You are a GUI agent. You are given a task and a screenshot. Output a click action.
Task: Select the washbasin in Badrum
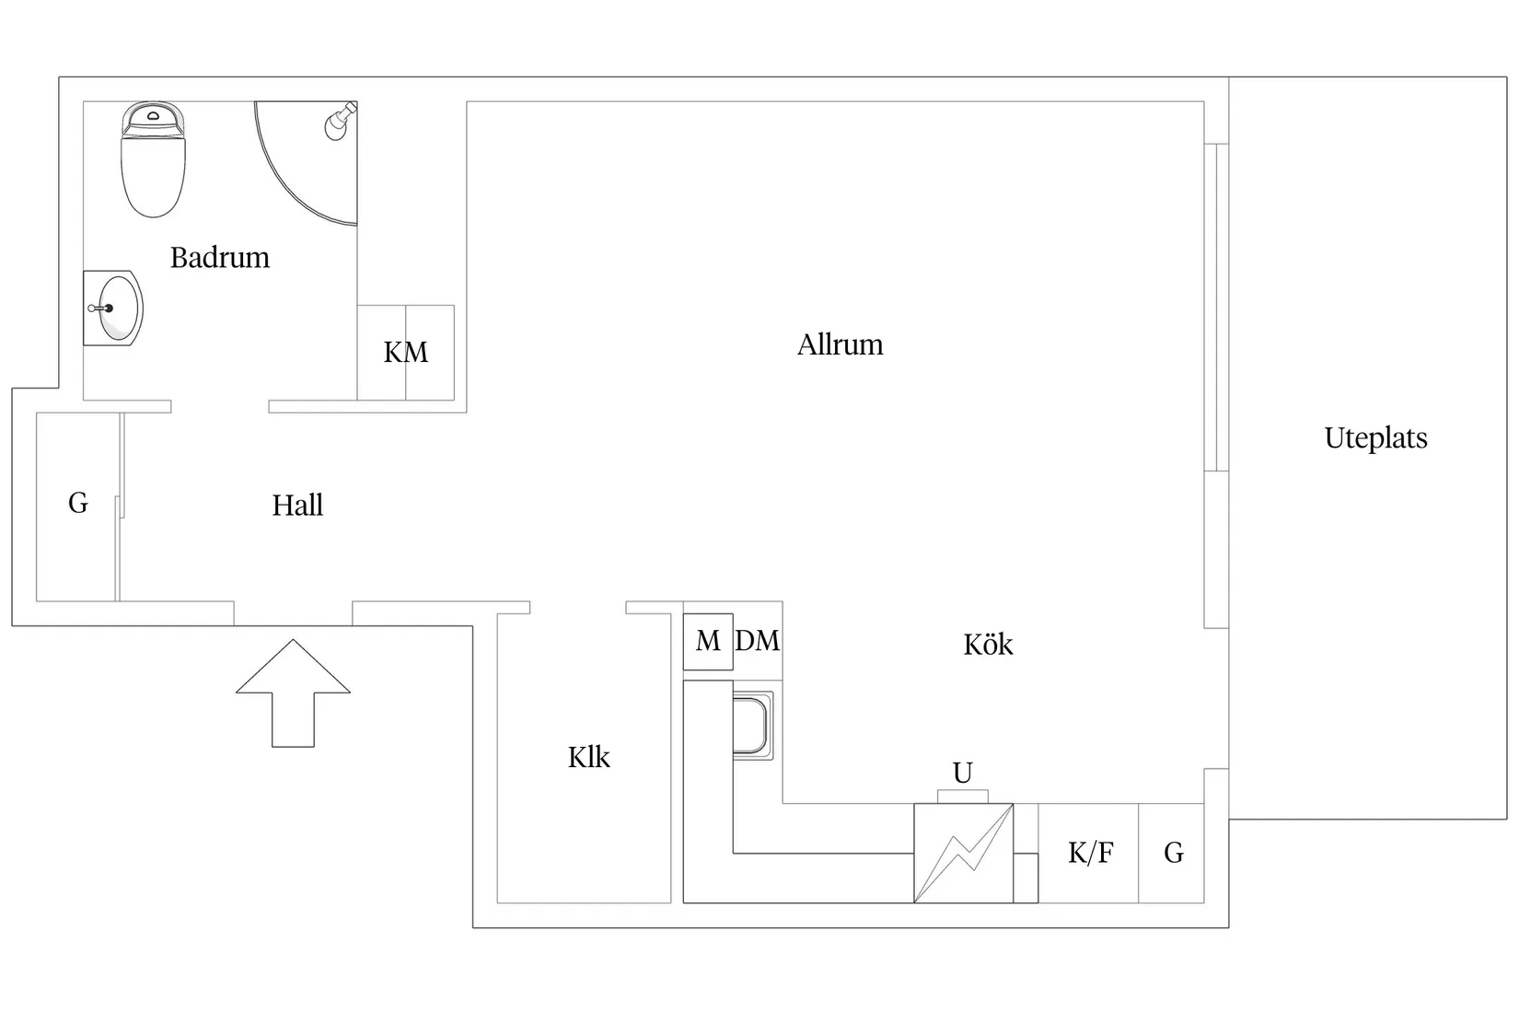coord(113,308)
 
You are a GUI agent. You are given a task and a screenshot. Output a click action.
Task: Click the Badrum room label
coord(220,258)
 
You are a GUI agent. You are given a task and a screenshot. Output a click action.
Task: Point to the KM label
coord(405,352)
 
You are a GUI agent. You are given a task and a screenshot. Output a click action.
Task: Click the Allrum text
coord(841,344)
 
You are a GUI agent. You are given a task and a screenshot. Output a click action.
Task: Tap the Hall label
coord(297,505)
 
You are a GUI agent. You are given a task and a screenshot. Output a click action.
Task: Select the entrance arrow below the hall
coord(293,693)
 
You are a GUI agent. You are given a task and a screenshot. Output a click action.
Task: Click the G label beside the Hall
coord(78,503)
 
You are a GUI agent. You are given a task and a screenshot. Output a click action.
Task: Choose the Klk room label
coord(588,757)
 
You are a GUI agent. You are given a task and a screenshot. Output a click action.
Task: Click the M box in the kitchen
coord(708,641)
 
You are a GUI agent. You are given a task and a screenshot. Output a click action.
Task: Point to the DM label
coord(758,641)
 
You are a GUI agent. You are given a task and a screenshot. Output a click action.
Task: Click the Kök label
coord(988,644)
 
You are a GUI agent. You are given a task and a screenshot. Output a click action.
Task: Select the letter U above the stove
coord(963,773)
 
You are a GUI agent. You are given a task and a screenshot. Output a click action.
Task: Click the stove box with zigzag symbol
coord(964,854)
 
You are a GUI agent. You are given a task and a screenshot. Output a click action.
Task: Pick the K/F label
coord(1090,853)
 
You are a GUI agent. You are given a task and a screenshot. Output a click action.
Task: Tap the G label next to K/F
coord(1174,853)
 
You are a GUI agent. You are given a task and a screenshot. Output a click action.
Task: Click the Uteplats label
coord(1376,437)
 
